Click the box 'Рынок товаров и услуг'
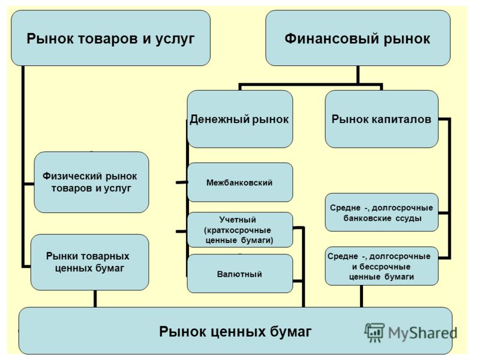click(x=110, y=38)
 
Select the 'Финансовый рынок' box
click(x=358, y=38)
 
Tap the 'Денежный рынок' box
click(x=239, y=119)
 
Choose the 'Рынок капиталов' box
click(x=382, y=119)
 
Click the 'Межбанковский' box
click(x=239, y=182)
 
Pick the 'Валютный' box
click(x=239, y=274)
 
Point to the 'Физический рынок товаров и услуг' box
click(x=91, y=182)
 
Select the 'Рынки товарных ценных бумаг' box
click(x=89, y=262)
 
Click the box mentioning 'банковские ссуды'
click(x=382, y=212)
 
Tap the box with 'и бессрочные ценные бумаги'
click(x=382, y=266)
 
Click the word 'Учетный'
click(x=238, y=220)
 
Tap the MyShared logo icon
click(x=374, y=332)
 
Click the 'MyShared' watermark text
click(x=423, y=333)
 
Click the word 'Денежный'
click(x=216, y=119)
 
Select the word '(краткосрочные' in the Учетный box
click(x=238, y=230)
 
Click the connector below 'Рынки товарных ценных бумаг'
click(x=95, y=299)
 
